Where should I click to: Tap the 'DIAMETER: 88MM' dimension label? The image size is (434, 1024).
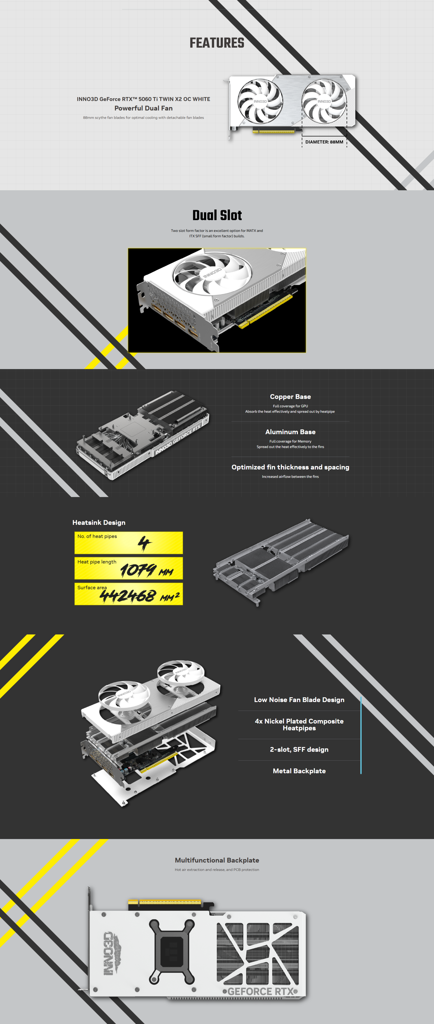point(324,142)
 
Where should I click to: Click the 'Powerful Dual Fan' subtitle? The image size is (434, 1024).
point(144,108)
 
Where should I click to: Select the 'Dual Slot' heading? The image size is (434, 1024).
point(217,215)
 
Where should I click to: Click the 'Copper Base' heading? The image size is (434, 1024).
point(290,397)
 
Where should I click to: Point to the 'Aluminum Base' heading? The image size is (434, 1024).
point(290,432)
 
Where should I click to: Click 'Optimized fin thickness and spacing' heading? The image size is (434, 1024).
point(290,467)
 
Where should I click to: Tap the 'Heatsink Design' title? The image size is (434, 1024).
point(99,523)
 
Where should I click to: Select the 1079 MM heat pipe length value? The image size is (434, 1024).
point(146,571)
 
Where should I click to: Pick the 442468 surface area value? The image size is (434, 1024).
point(139,596)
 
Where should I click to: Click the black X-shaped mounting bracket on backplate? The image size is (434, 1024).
point(172,951)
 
